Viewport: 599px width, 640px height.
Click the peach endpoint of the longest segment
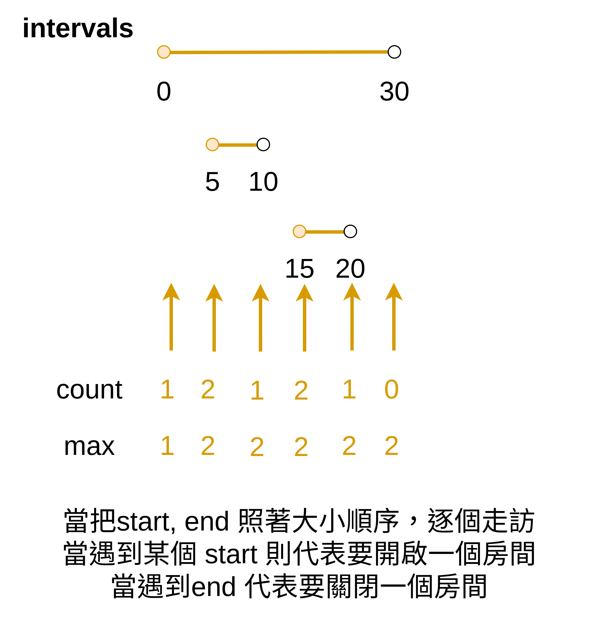[164, 52]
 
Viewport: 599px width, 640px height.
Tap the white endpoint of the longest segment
[394, 52]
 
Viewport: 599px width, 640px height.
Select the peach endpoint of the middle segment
[212, 144]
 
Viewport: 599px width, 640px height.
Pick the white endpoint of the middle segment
[263, 144]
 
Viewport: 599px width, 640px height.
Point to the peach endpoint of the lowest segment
[299, 231]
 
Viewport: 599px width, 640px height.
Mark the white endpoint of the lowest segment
[350, 231]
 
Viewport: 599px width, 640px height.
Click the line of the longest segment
[279, 52]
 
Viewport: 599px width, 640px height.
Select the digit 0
[391, 389]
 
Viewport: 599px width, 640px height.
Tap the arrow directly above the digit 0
[394, 317]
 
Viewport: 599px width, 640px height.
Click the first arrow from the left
[171, 317]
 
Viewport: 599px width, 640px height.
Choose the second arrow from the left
[214, 318]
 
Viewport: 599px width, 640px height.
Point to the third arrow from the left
[261, 318]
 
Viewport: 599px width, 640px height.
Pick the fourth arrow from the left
[304, 318]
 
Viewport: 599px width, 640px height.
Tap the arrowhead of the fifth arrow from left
[352, 292]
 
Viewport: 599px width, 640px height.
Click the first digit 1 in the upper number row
[167, 389]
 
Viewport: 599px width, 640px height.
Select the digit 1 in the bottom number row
[167, 446]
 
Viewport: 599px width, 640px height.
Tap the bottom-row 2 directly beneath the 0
[391, 446]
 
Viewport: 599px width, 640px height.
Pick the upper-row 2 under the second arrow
[208, 389]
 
